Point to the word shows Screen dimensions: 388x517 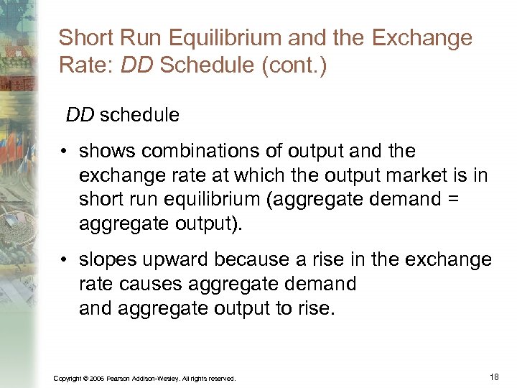tap(106, 152)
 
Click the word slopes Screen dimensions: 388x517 tap(108, 259)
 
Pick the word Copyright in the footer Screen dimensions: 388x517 tap(66, 378)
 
